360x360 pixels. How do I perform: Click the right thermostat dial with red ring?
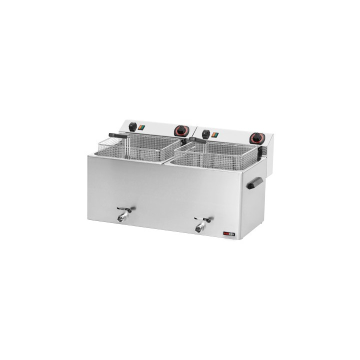[x=258, y=136]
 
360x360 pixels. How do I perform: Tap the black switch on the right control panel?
[x=205, y=133]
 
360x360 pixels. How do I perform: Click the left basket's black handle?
[x=115, y=135]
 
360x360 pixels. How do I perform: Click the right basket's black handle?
[x=196, y=144]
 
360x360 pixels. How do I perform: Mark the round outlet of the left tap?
[x=120, y=218]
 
